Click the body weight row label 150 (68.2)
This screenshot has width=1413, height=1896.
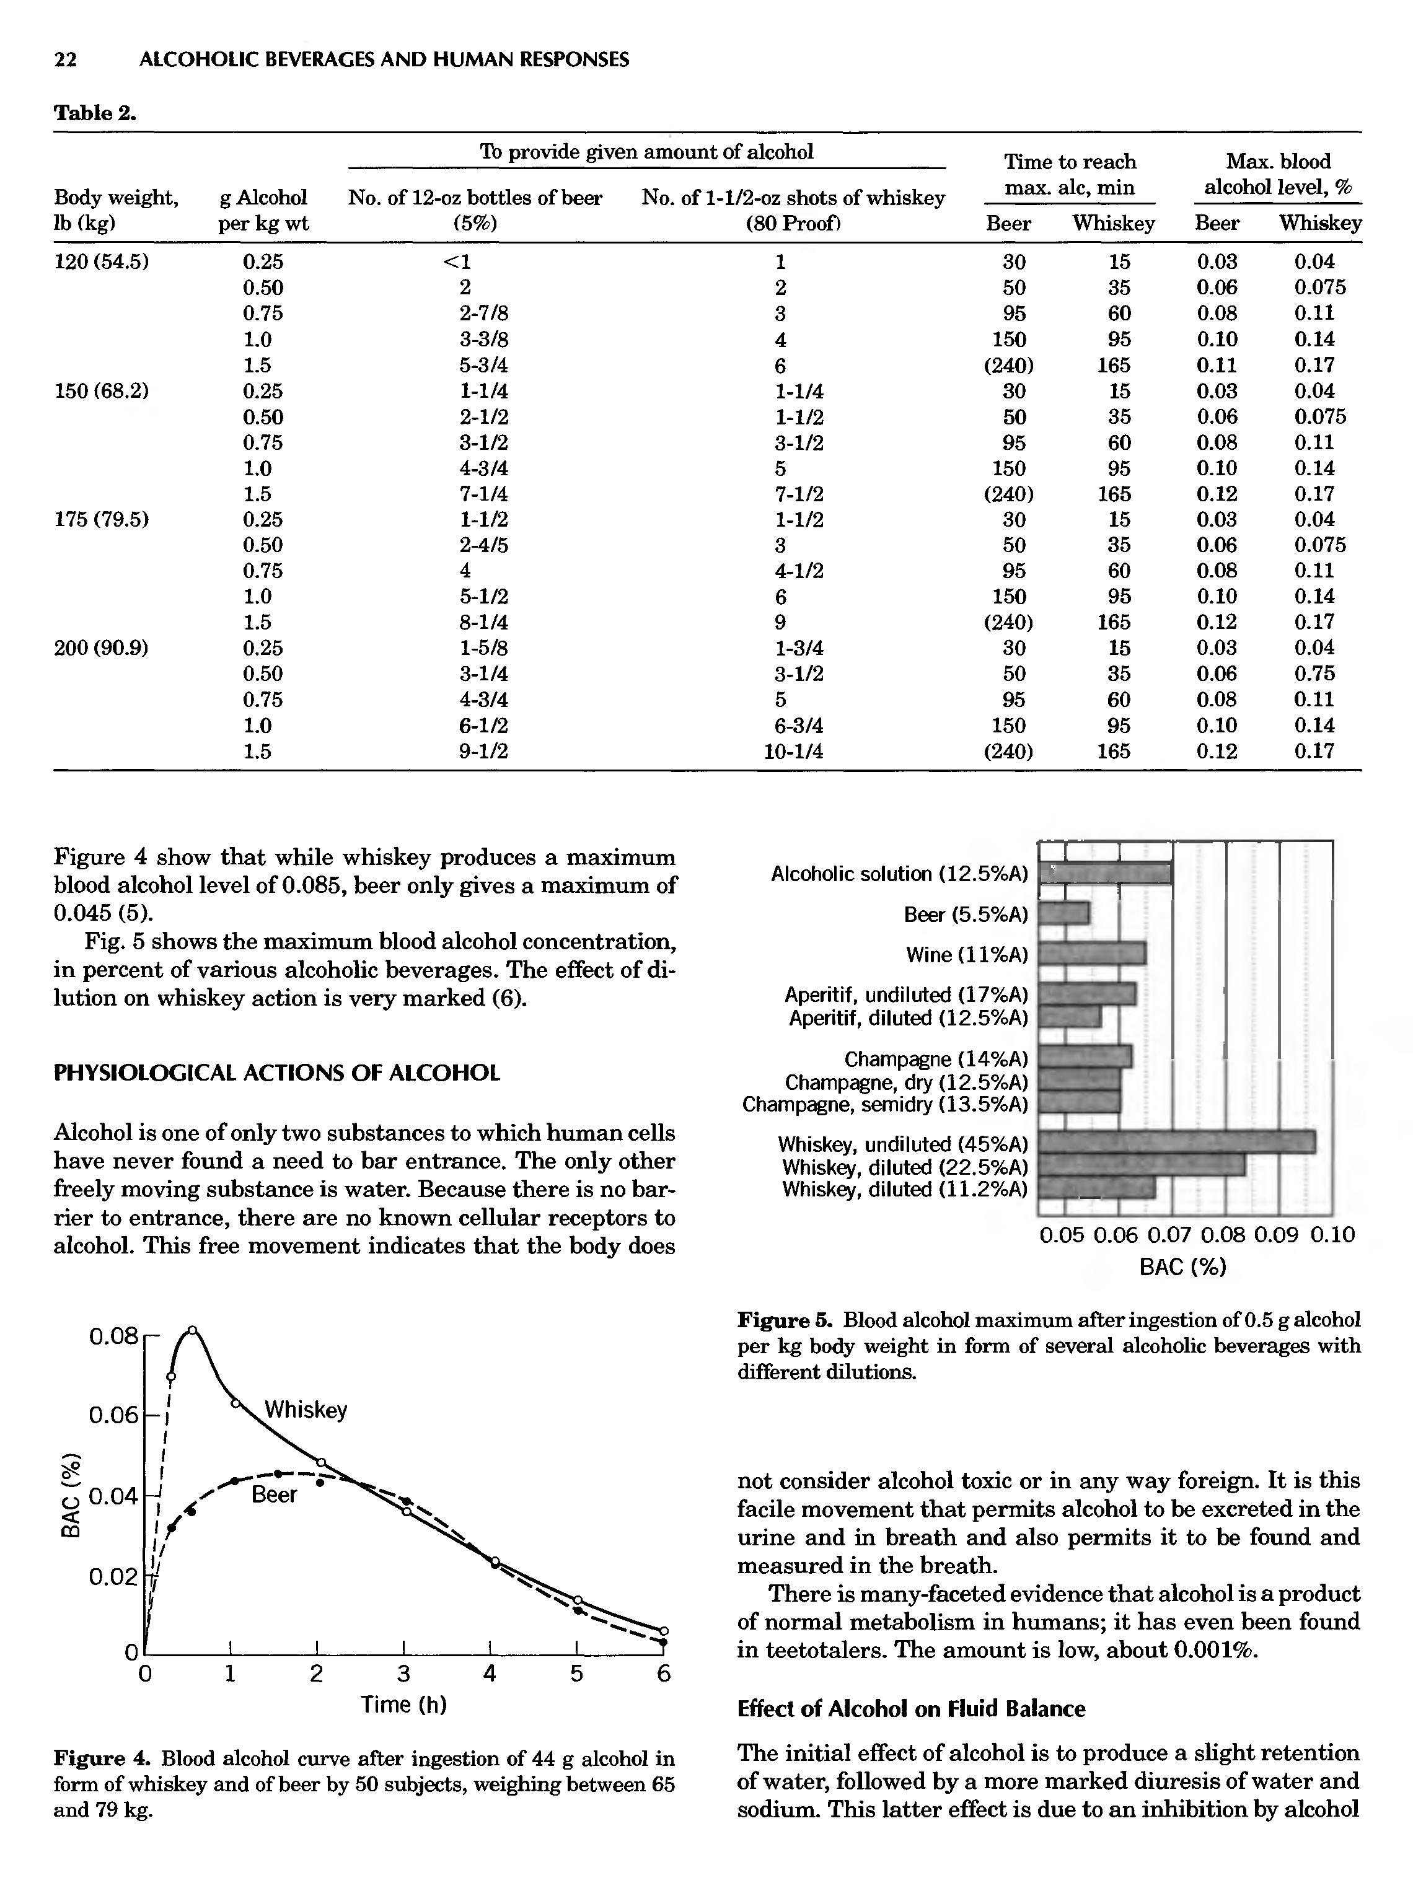[101, 391]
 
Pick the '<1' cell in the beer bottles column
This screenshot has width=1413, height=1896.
[466, 261]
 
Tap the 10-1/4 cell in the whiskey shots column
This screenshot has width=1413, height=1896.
[799, 751]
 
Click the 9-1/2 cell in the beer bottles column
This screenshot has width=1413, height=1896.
[483, 751]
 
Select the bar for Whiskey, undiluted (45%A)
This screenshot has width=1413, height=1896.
[1176, 1142]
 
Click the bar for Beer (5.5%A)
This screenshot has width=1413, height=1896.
[1064, 913]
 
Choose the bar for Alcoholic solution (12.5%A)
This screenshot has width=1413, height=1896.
[1104, 873]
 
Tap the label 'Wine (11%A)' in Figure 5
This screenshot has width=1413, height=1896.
[967, 954]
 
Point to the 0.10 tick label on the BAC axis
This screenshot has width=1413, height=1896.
[1332, 1234]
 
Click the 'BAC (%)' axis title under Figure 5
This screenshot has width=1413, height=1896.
[1183, 1266]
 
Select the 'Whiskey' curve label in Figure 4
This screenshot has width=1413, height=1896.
[306, 1410]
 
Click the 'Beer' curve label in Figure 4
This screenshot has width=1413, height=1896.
[274, 1494]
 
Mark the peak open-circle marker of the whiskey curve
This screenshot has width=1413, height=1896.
[193, 1330]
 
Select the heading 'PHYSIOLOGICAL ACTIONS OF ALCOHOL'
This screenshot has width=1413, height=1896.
[276, 1073]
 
